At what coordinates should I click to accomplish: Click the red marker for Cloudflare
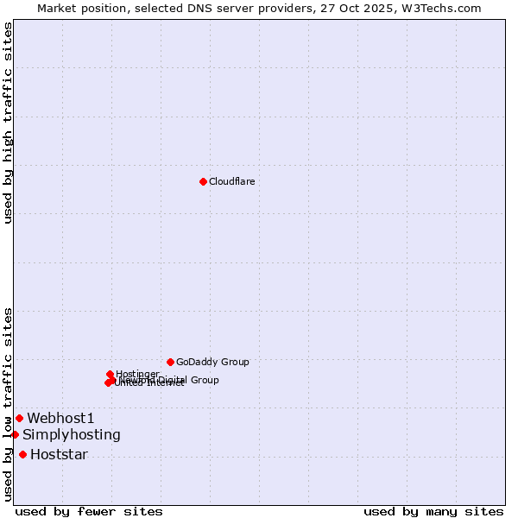(x=203, y=181)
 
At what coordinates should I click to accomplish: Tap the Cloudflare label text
(x=231, y=181)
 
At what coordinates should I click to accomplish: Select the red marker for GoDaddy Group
(x=170, y=362)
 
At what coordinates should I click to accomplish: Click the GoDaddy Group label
(x=212, y=362)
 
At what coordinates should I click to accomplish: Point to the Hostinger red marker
(x=110, y=374)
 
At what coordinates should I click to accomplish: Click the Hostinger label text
(x=137, y=374)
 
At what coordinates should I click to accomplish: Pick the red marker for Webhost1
(x=19, y=418)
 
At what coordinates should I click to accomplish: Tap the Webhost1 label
(x=60, y=418)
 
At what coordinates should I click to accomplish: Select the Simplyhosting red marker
(x=15, y=434)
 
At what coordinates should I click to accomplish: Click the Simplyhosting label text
(x=72, y=434)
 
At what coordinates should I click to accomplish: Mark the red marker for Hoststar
(x=22, y=454)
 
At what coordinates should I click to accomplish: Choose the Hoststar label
(x=59, y=454)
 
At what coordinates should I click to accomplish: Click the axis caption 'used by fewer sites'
(x=89, y=511)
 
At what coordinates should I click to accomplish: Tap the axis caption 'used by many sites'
(x=433, y=511)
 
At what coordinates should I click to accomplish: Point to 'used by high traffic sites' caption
(x=8, y=123)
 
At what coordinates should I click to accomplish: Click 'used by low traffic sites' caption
(x=8, y=403)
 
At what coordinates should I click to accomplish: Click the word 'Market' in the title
(x=56, y=8)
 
